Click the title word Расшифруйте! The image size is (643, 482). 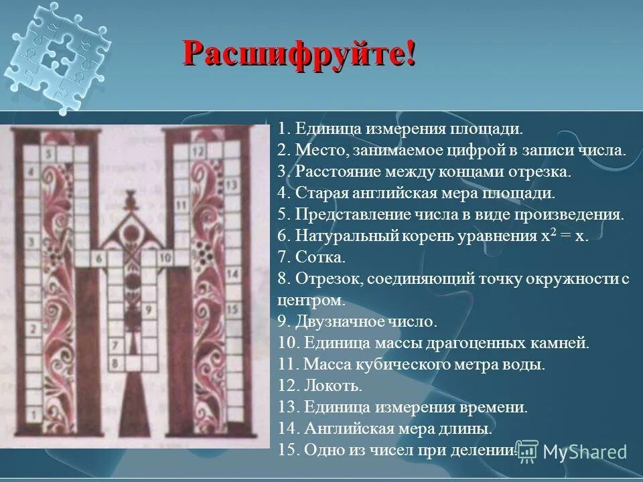(x=299, y=52)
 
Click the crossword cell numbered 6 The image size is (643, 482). (x=98, y=257)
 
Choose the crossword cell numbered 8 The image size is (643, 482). (x=115, y=364)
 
